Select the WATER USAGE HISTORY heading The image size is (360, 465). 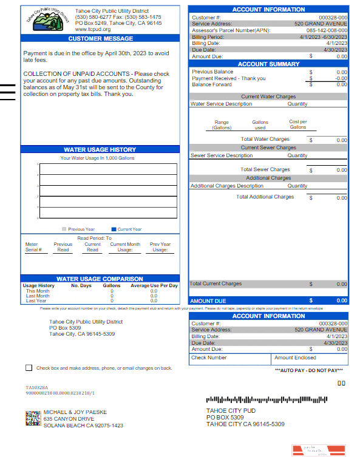click(100, 149)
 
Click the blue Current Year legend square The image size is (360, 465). click(114, 229)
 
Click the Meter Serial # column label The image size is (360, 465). click(33, 246)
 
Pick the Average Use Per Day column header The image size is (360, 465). click(154, 285)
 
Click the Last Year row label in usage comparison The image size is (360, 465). click(35, 300)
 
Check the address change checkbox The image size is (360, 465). click(29, 368)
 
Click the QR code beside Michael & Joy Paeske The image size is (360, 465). click(32, 418)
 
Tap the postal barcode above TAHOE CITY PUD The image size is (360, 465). click(267, 400)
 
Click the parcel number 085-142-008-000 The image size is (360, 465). click(327, 30)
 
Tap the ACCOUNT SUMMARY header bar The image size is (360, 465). click(268, 64)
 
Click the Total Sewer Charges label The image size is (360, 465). click(265, 169)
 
